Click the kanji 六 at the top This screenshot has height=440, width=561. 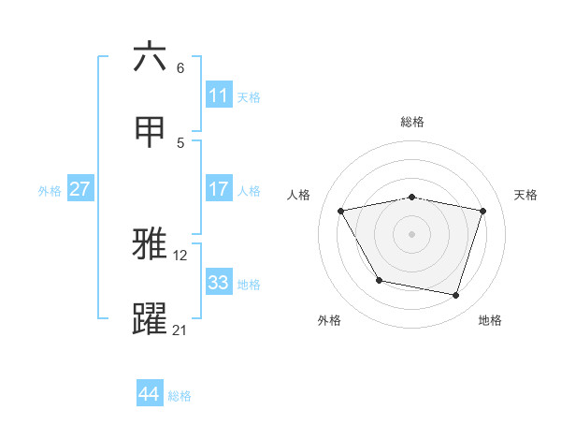pos(151,57)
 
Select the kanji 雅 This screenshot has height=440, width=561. pos(151,244)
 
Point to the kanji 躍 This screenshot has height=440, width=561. pos(151,319)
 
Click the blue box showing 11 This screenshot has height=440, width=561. pos(218,95)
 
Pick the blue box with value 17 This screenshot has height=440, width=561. pos(218,189)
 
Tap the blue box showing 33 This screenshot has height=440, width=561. pos(218,283)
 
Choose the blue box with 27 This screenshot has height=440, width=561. pos(79,189)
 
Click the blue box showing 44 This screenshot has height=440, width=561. pos(149,394)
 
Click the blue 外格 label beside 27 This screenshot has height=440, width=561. pos(50,190)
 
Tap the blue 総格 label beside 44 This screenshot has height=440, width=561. pos(180,395)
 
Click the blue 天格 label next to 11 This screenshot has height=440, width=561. pos(249,96)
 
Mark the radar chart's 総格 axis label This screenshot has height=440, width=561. pos(412,122)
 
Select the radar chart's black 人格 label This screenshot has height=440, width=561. pos(299,195)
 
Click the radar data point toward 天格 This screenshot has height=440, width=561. pos(482,212)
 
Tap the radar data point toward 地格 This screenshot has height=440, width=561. pos(455,295)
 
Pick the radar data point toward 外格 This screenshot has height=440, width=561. pos(379,280)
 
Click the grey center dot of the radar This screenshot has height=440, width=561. pos(412,234)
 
